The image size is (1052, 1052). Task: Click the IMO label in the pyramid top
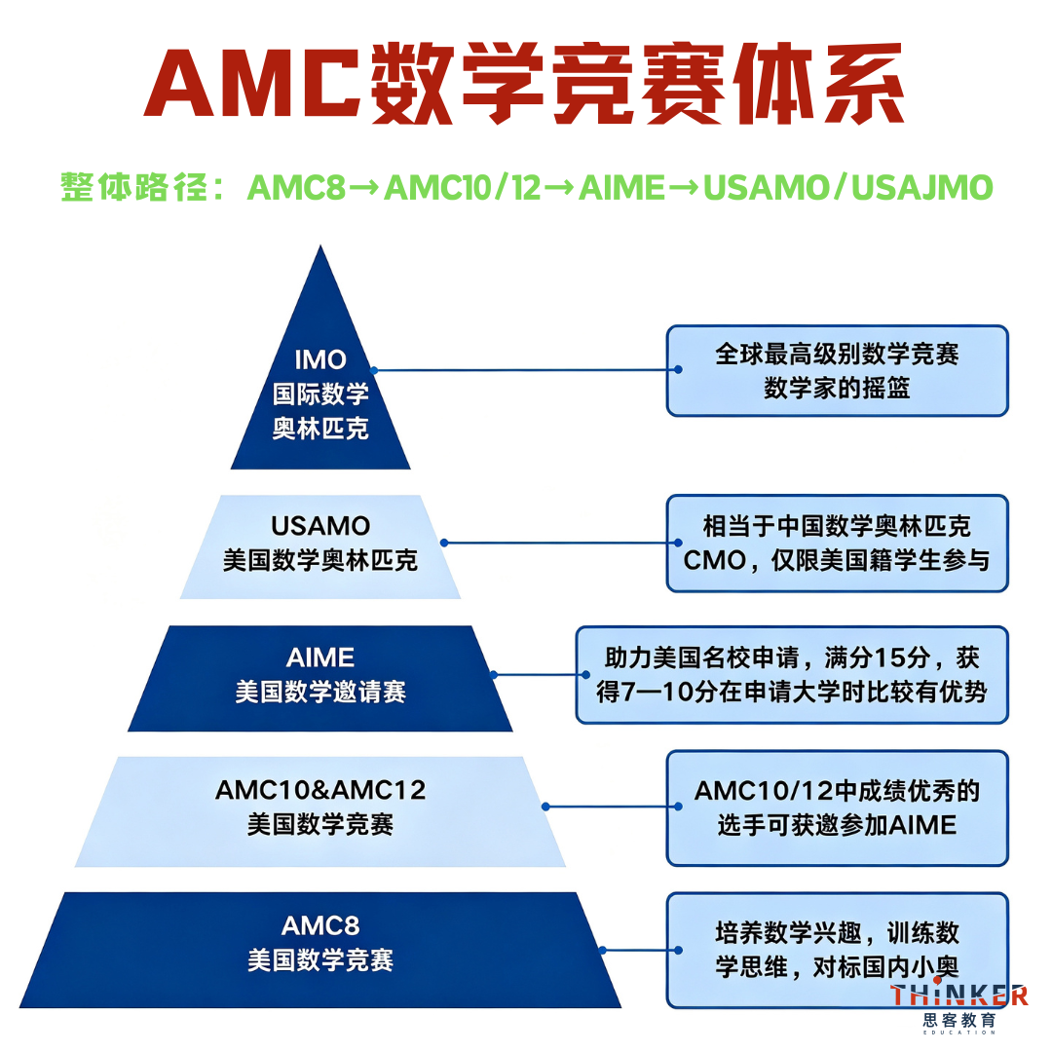pyautogui.click(x=320, y=360)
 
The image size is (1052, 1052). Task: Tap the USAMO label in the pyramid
pyautogui.click(x=320, y=526)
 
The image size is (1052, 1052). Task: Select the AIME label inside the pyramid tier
pyautogui.click(x=320, y=657)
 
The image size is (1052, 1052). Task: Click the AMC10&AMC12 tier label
pyautogui.click(x=320, y=790)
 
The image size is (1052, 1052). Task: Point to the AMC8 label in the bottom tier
pyautogui.click(x=320, y=926)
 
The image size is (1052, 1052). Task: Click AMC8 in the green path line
pyautogui.click(x=296, y=187)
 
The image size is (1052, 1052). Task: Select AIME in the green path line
pyautogui.click(x=621, y=187)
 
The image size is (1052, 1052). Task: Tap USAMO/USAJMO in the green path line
pyautogui.click(x=848, y=187)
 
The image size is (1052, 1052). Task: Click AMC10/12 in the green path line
pyautogui.click(x=463, y=187)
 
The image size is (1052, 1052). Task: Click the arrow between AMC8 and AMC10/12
pyautogui.click(x=365, y=188)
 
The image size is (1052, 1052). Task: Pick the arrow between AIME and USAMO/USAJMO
pyautogui.click(x=684, y=188)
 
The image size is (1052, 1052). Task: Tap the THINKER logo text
pyautogui.click(x=959, y=996)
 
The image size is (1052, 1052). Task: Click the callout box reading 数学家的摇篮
pyautogui.click(x=838, y=371)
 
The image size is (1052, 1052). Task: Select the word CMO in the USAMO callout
pyautogui.click(x=715, y=560)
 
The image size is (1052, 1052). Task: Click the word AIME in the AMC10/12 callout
pyautogui.click(x=922, y=825)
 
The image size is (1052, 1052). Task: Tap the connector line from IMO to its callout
pyautogui.click(x=526, y=370)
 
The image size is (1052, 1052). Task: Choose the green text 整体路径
pyautogui.click(x=133, y=187)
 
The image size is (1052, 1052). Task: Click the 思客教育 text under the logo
pyautogui.click(x=959, y=1021)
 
